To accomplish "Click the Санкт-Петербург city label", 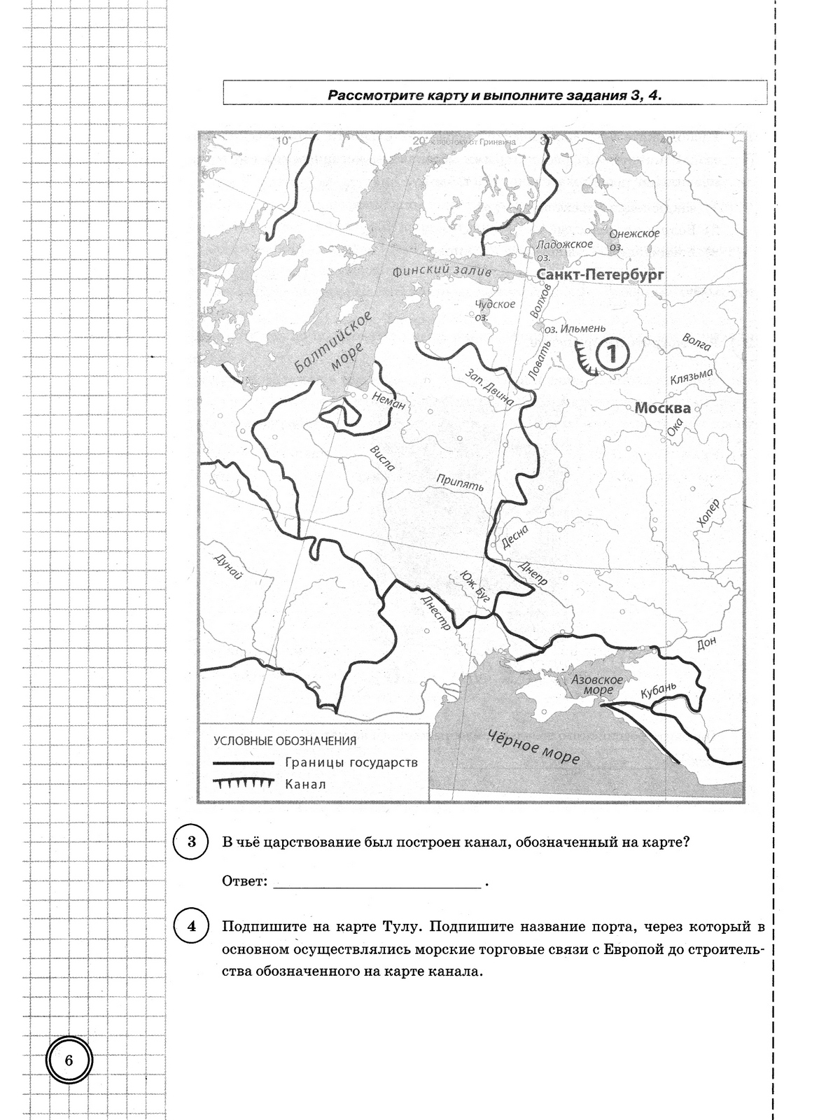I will [x=600, y=275].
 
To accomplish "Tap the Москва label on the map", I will [x=662, y=408].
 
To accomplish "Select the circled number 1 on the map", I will [x=611, y=353].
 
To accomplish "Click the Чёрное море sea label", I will [x=533, y=747].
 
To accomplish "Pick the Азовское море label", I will [x=596, y=685].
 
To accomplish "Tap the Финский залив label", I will [x=442, y=272].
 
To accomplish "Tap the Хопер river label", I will [x=708, y=514].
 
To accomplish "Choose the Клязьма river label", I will [x=691, y=377].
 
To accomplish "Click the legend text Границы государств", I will [x=351, y=762].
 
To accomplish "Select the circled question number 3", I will [x=192, y=842].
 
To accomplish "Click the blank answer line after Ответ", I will [x=377, y=881].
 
